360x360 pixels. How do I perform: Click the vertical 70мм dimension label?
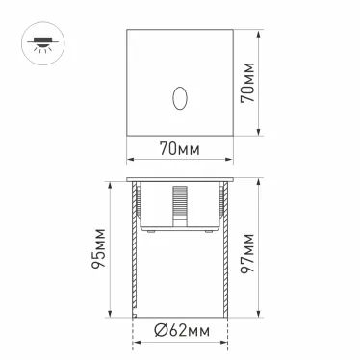pos(247,84)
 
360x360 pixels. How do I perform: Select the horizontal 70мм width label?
pos(179,148)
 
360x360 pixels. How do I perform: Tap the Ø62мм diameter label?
pos(180,333)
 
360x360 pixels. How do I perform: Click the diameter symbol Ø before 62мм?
pos(160,333)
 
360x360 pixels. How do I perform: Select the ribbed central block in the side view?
pos(179,208)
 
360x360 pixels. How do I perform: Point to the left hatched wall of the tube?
pos(132,255)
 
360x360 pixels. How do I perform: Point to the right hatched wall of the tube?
pos(227,255)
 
